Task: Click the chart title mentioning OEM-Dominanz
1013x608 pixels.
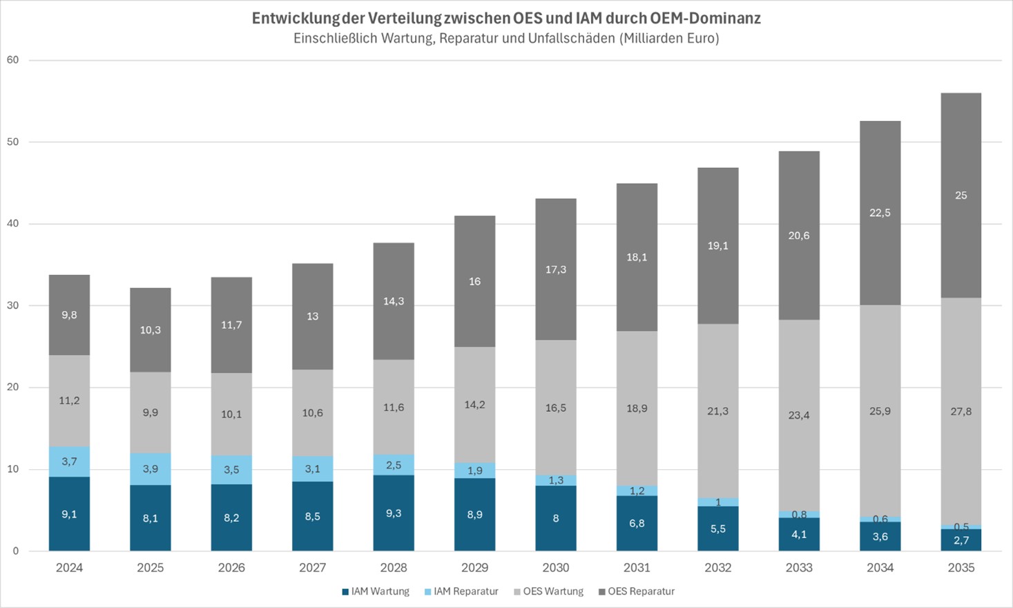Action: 506,19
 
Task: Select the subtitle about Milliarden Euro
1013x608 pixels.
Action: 506,39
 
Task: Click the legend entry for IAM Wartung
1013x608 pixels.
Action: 376,591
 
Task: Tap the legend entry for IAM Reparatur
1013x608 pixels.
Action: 461,591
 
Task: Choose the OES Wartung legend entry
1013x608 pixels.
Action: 548,591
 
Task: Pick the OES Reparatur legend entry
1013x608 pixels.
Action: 636,591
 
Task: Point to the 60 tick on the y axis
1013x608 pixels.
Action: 12,60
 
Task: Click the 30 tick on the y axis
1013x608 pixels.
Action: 12,305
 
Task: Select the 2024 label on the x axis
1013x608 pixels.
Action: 69,568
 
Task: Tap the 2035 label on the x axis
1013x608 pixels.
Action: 961,568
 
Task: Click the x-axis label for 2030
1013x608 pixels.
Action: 556,568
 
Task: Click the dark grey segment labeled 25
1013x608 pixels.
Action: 961,196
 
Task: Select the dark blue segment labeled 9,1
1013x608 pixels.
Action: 69,514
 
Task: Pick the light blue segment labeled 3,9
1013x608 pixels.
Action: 151,469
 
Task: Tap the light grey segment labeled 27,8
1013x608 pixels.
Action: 961,411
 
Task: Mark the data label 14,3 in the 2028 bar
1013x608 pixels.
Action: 394,301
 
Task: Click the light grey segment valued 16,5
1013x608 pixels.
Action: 556,408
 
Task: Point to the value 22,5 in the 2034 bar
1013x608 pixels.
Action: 880,213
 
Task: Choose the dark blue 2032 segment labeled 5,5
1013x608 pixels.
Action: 718,529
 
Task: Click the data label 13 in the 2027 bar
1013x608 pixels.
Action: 313,316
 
